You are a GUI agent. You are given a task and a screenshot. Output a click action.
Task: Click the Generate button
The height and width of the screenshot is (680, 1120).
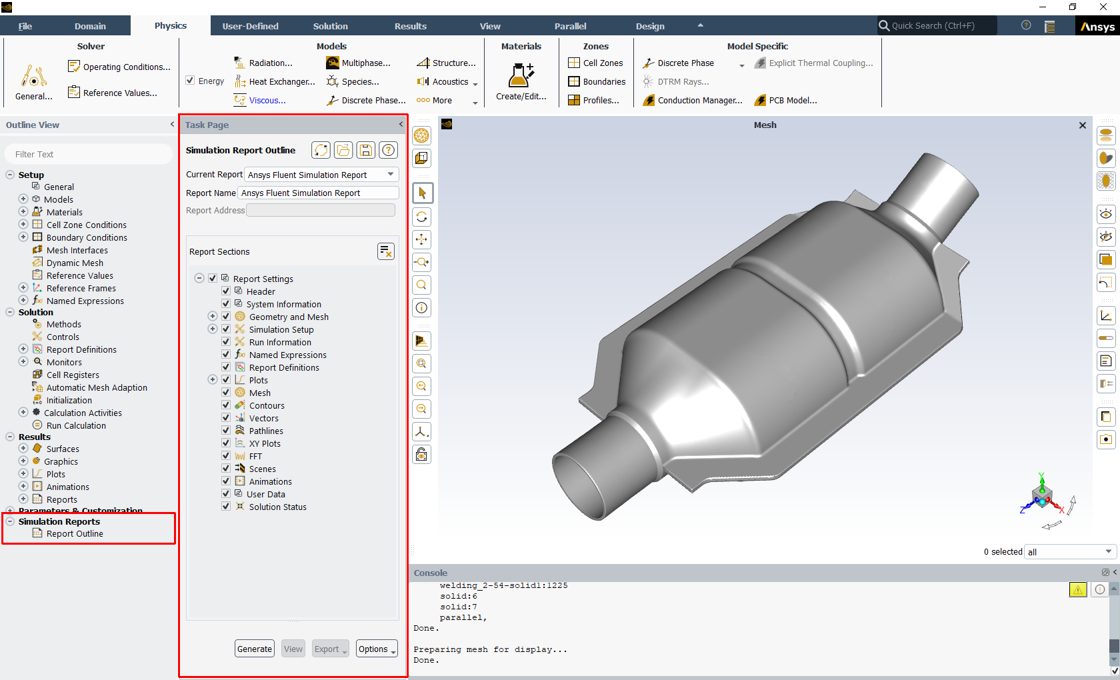tap(255, 649)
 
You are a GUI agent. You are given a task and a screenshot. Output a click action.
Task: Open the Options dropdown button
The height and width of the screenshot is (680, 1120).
tap(377, 649)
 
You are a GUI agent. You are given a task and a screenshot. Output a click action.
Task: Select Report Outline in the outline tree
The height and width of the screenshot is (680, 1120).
tap(75, 534)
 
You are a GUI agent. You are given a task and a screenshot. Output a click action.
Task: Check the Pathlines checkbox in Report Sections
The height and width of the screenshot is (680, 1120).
tap(226, 431)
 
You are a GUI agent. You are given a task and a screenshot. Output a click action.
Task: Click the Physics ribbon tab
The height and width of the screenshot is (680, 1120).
tap(171, 26)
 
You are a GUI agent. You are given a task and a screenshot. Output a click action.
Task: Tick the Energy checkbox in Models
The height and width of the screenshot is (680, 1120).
tap(191, 81)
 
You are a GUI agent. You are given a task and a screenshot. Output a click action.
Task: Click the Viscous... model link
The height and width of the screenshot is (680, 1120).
tap(267, 101)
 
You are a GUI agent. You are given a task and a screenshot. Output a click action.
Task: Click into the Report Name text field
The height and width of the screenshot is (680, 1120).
tap(319, 193)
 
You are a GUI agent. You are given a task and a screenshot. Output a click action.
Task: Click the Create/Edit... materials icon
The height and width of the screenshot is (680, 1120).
tap(521, 77)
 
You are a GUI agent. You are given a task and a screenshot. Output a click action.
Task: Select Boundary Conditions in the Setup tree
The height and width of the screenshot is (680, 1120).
tap(87, 237)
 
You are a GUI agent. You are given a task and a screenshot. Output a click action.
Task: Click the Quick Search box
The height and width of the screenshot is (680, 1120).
tap(937, 26)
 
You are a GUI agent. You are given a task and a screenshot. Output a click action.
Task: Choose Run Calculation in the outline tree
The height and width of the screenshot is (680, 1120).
tap(76, 425)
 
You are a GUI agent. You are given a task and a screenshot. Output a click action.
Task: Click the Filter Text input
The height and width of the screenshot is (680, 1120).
tap(89, 154)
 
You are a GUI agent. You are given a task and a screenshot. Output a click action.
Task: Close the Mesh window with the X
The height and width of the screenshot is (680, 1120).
tap(1082, 125)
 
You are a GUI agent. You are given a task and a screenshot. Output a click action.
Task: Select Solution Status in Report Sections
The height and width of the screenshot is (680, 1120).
tap(277, 507)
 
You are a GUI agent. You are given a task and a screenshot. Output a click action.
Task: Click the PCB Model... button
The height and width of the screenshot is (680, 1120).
tap(792, 101)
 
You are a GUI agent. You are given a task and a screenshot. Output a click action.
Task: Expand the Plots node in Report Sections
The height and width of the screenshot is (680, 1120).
tap(213, 379)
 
